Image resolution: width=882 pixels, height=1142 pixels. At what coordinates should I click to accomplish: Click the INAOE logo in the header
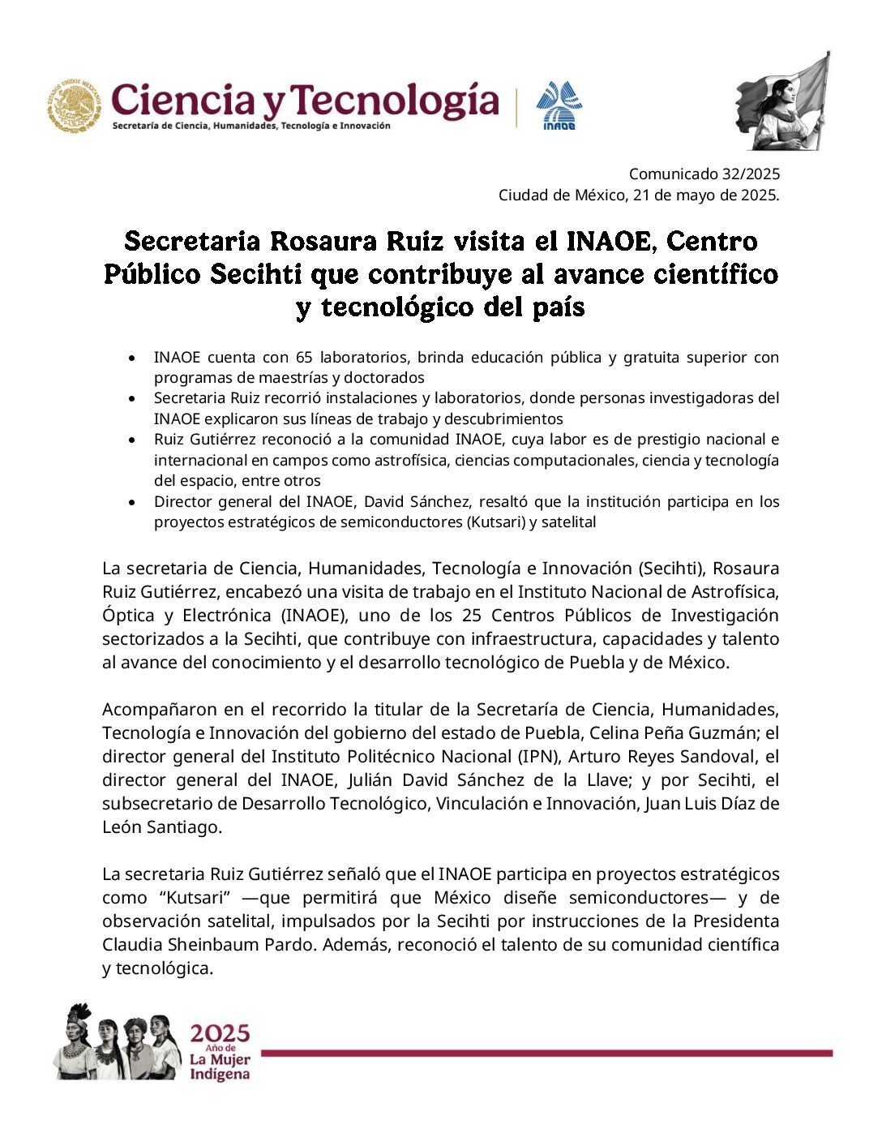point(559,105)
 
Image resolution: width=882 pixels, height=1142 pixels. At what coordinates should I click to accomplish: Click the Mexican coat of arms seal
point(75,106)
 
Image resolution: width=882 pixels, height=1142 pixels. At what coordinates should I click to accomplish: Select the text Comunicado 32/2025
point(704,174)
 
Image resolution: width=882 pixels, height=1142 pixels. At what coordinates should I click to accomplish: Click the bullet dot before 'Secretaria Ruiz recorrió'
point(132,399)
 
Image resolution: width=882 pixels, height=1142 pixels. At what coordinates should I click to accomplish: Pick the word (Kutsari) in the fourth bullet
point(495,522)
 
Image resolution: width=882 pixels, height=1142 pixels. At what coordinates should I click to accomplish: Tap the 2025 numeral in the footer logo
point(220,1033)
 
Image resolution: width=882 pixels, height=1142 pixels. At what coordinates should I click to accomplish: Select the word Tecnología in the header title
point(395,101)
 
